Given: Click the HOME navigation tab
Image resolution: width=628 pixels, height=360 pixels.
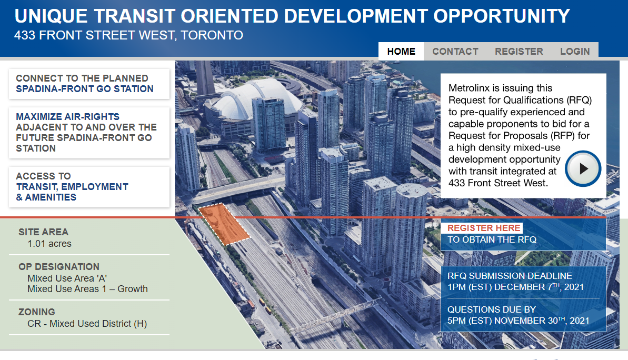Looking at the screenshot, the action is pyautogui.click(x=401, y=51).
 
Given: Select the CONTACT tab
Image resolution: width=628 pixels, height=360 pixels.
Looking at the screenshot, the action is pyautogui.click(x=455, y=51).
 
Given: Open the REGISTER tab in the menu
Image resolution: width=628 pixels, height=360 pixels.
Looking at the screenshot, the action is pyautogui.click(x=519, y=51).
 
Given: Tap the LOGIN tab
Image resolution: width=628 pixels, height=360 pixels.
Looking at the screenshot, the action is pyautogui.click(x=575, y=51).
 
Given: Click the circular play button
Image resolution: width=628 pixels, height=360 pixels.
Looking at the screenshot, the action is pyautogui.click(x=583, y=168).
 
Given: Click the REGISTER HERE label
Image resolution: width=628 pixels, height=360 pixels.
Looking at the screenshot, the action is pyautogui.click(x=484, y=228).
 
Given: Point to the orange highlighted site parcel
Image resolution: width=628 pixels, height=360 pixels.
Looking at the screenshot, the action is pyautogui.click(x=224, y=224).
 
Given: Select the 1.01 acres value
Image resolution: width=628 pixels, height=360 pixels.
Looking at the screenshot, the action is pyautogui.click(x=49, y=244).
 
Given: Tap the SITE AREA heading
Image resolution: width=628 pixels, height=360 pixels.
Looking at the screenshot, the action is pyautogui.click(x=43, y=232).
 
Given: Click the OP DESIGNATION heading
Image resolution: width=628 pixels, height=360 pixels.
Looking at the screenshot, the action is pyautogui.click(x=59, y=267).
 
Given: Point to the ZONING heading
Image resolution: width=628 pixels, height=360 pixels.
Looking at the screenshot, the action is pyautogui.click(x=37, y=312).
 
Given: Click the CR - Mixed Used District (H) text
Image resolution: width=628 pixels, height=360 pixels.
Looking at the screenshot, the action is pyautogui.click(x=87, y=324).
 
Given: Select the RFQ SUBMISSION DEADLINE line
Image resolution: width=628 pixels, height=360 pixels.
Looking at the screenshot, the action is pyautogui.click(x=510, y=276).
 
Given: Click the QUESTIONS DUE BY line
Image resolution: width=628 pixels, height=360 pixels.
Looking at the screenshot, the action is pyautogui.click(x=492, y=309).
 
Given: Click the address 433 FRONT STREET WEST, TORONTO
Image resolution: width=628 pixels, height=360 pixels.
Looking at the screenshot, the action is pyautogui.click(x=128, y=35).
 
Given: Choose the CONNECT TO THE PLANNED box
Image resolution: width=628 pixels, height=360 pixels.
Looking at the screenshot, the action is pyautogui.click(x=89, y=84).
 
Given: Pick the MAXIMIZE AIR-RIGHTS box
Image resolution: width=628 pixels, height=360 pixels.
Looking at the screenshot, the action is pyautogui.click(x=89, y=133).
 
